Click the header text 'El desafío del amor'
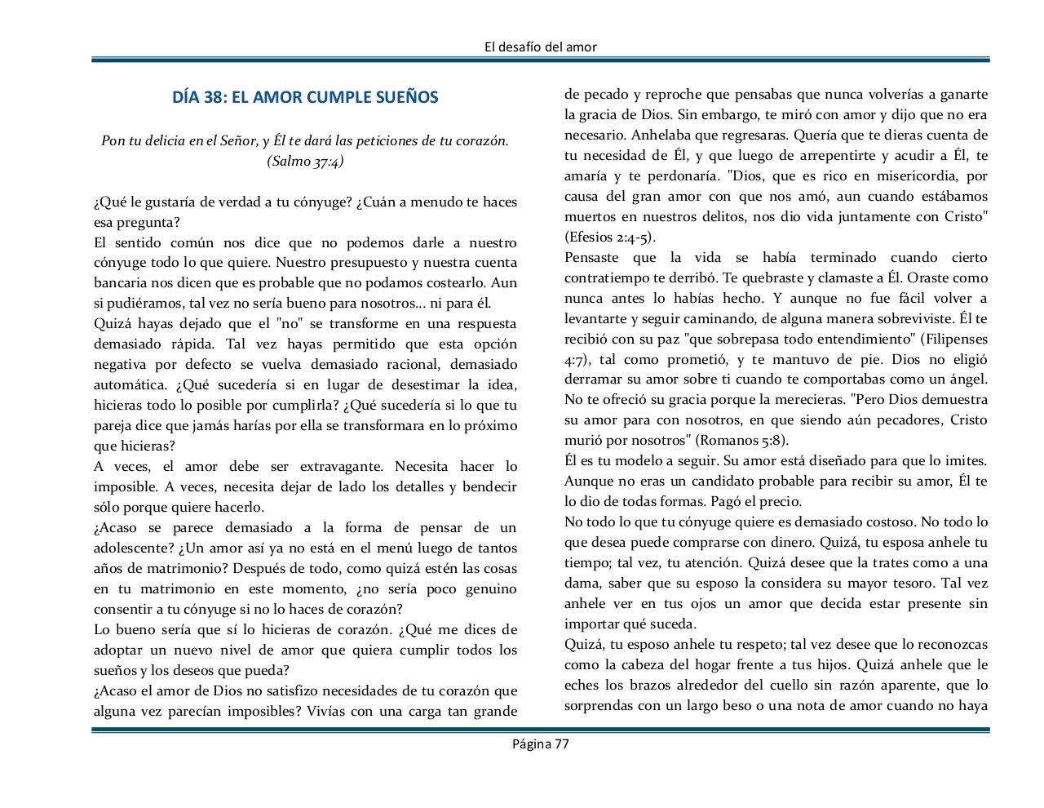pos(540,47)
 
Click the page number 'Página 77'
pos(540,744)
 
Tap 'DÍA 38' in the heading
pos(198,97)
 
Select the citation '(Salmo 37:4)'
pos(305,161)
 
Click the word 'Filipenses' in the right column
pos(955,339)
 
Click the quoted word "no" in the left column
pos(290,324)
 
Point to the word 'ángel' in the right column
pos(967,380)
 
